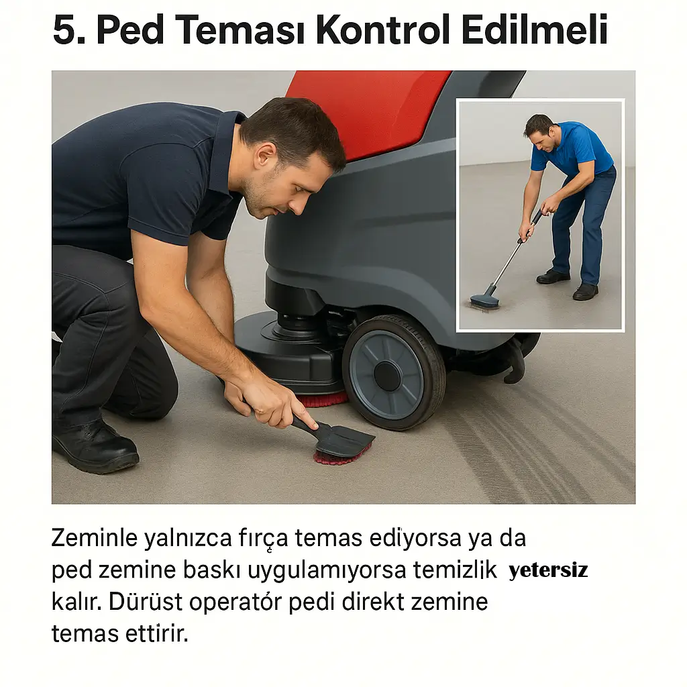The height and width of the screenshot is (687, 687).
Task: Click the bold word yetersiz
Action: pyautogui.click(x=548, y=571)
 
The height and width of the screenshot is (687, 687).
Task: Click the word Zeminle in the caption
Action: pyautogui.click(x=93, y=538)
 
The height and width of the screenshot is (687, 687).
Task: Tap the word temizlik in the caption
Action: pyautogui.click(x=456, y=570)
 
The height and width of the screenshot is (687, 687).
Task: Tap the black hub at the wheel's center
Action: pyautogui.click(x=388, y=376)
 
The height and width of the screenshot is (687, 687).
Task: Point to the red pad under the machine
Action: pyautogui.click(x=323, y=401)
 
